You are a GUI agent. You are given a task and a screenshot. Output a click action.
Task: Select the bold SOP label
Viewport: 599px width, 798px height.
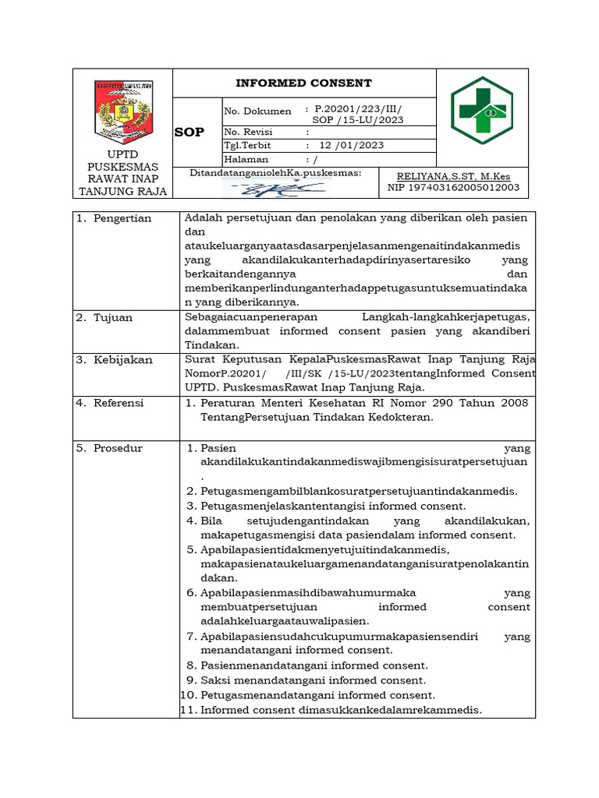tap(189, 132)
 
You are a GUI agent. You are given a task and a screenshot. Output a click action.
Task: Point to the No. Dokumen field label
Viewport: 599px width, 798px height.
tap(257, 111)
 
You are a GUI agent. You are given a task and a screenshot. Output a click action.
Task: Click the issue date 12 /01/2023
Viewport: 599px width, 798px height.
tap(351, 146)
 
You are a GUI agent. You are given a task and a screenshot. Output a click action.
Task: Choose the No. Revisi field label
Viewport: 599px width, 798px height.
tap(247, 132)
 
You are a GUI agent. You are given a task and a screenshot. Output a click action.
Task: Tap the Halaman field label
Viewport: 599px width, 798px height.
tap(246, 159)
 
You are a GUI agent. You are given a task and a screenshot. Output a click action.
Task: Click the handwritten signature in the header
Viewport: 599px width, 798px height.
tap(296, 188)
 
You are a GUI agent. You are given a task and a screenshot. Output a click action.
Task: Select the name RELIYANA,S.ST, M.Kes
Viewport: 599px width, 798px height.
tap(453, 177)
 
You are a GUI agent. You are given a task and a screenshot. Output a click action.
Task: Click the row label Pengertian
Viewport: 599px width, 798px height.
tap(122, 218)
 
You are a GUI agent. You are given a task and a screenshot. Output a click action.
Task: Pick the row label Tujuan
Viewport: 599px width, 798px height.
tap(113, 318)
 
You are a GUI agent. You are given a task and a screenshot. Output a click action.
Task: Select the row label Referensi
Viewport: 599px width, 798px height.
tap(119, 403)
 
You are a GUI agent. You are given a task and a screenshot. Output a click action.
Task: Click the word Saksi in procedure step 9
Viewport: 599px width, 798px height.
tap(215, 680)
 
